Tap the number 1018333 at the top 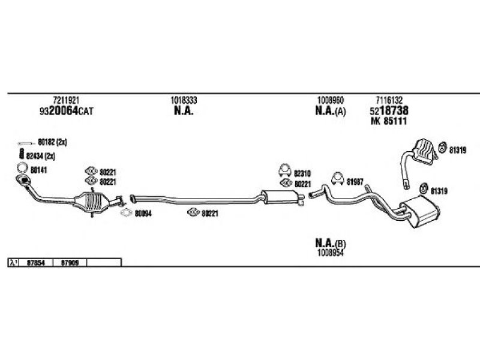184,100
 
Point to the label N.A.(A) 330,112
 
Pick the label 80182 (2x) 52,143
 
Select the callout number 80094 143,212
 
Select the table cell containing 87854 36,262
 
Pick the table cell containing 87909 70,262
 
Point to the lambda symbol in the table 13,262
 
